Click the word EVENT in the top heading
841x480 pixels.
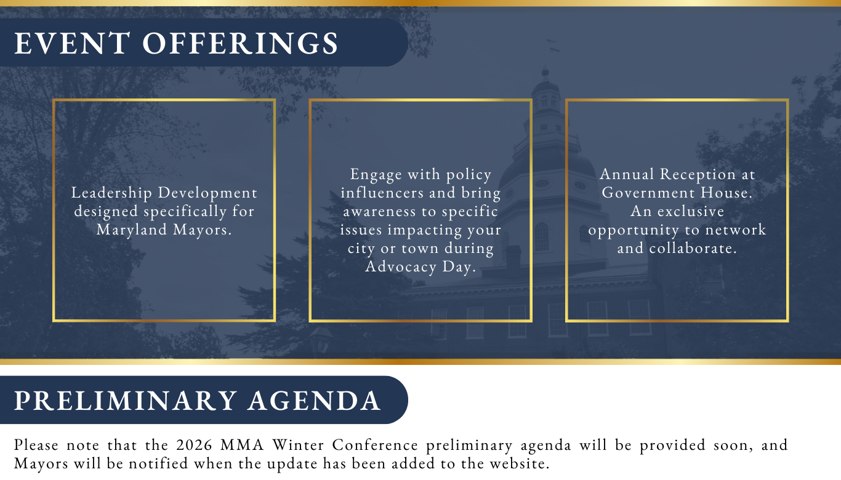pyautogui.click(x=72, y=43)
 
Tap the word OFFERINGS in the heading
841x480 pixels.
pyautogui.click(x=240, y=43)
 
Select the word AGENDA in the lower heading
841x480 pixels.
pyautogui.click(x=314, y=401)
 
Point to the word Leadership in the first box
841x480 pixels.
pyautogui.click(x=111, y=193)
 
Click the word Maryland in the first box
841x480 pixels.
pyautogui.click(x=131, y=230)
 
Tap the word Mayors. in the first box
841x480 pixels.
pyautogui.click(x=203, y=230)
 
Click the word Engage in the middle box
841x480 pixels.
pyautogui.click(x=376, y=175)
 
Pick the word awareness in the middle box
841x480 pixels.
pyautogui.click(x=380, y=211)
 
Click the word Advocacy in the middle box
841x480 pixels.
pyautogui.click(x=401, y=267)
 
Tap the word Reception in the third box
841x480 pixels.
pyautogui.click(x=698, y=175)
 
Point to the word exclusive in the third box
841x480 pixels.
pyautogui.click(x=690, y=211)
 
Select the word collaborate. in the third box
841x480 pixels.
pyautogui.click(x=693, y=248)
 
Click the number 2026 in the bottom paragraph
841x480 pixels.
pyautogui.click(x=194, y=446)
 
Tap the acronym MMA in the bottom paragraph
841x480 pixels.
pyautogui.click(x=242, y=446)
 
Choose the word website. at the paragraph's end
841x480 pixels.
pyautogui.click(x=520, y=464)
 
